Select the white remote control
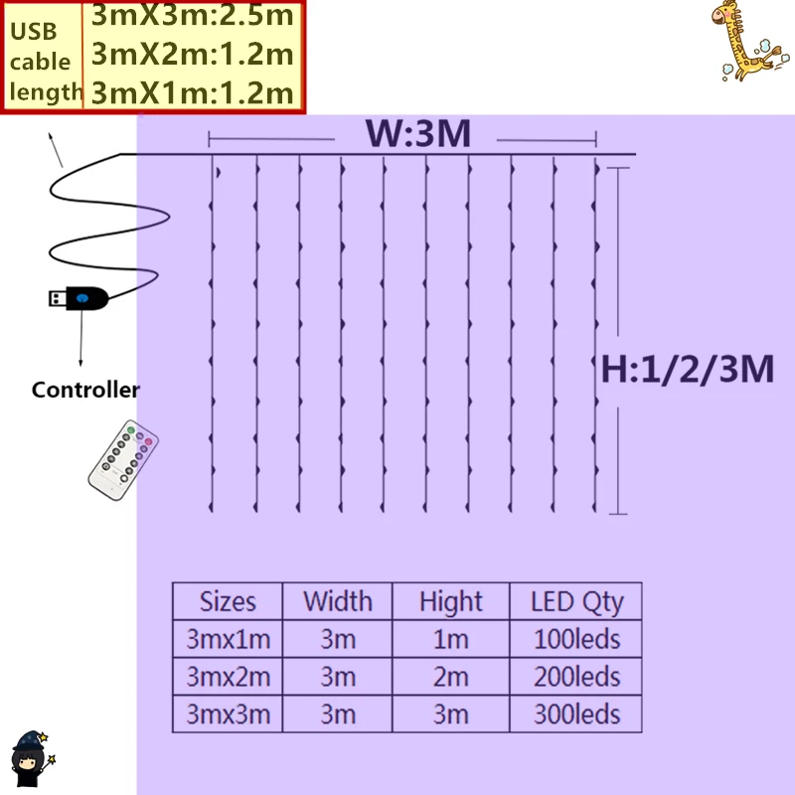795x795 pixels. [x=123, y=460]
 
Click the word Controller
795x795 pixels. [x=85, y=390]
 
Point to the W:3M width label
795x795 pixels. [x=417, y=134]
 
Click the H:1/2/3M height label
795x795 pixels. [x=688, y=370]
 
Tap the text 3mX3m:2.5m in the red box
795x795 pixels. [x=193, y=16]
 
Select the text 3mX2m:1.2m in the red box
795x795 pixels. [x=193, y=54]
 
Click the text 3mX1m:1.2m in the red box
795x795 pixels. [x=193, y=92]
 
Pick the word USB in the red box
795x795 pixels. [x=34, y=31]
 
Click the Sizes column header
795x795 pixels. [x=228, y=601]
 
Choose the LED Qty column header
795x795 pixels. [x=577, y=601]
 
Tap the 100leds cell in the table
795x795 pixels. [x=577, y=638]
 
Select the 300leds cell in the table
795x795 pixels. [x=577, y=714]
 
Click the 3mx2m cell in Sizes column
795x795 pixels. [x=228, y=677]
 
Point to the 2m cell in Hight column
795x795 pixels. [x=450, y=677]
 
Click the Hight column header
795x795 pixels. [x=450, y=601]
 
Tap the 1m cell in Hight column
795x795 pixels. [x=450, y=638]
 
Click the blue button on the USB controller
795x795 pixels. [x=81, y=297]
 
